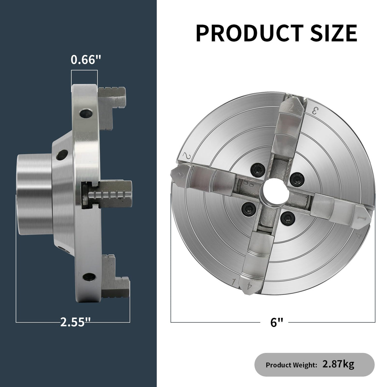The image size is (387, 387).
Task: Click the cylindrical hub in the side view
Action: (33, 194)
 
